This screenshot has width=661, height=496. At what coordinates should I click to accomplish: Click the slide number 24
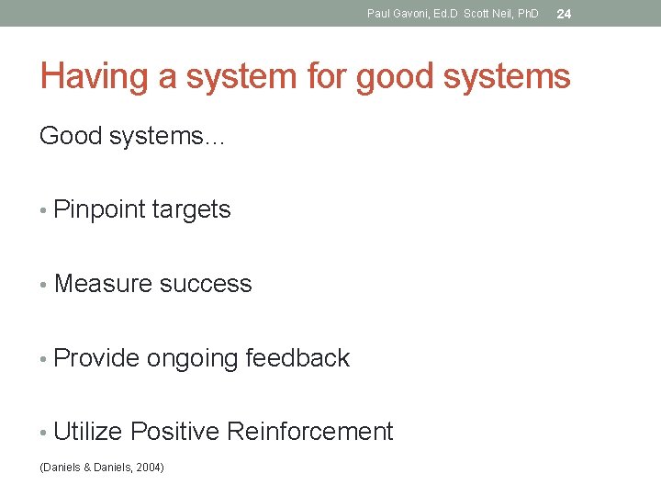pos(564,13)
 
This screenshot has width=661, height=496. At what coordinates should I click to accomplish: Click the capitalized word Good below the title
pos(72,136)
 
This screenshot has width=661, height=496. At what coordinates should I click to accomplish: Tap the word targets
pos(191,209)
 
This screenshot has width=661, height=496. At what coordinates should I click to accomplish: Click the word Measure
pos(103,284)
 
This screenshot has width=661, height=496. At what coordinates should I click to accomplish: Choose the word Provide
pos(96,357)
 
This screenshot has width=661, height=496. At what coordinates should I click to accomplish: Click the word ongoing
pos(192,358)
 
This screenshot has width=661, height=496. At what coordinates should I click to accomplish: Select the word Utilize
pos(88,431)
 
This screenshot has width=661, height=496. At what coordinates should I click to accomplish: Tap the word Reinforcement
pos(309,431)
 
